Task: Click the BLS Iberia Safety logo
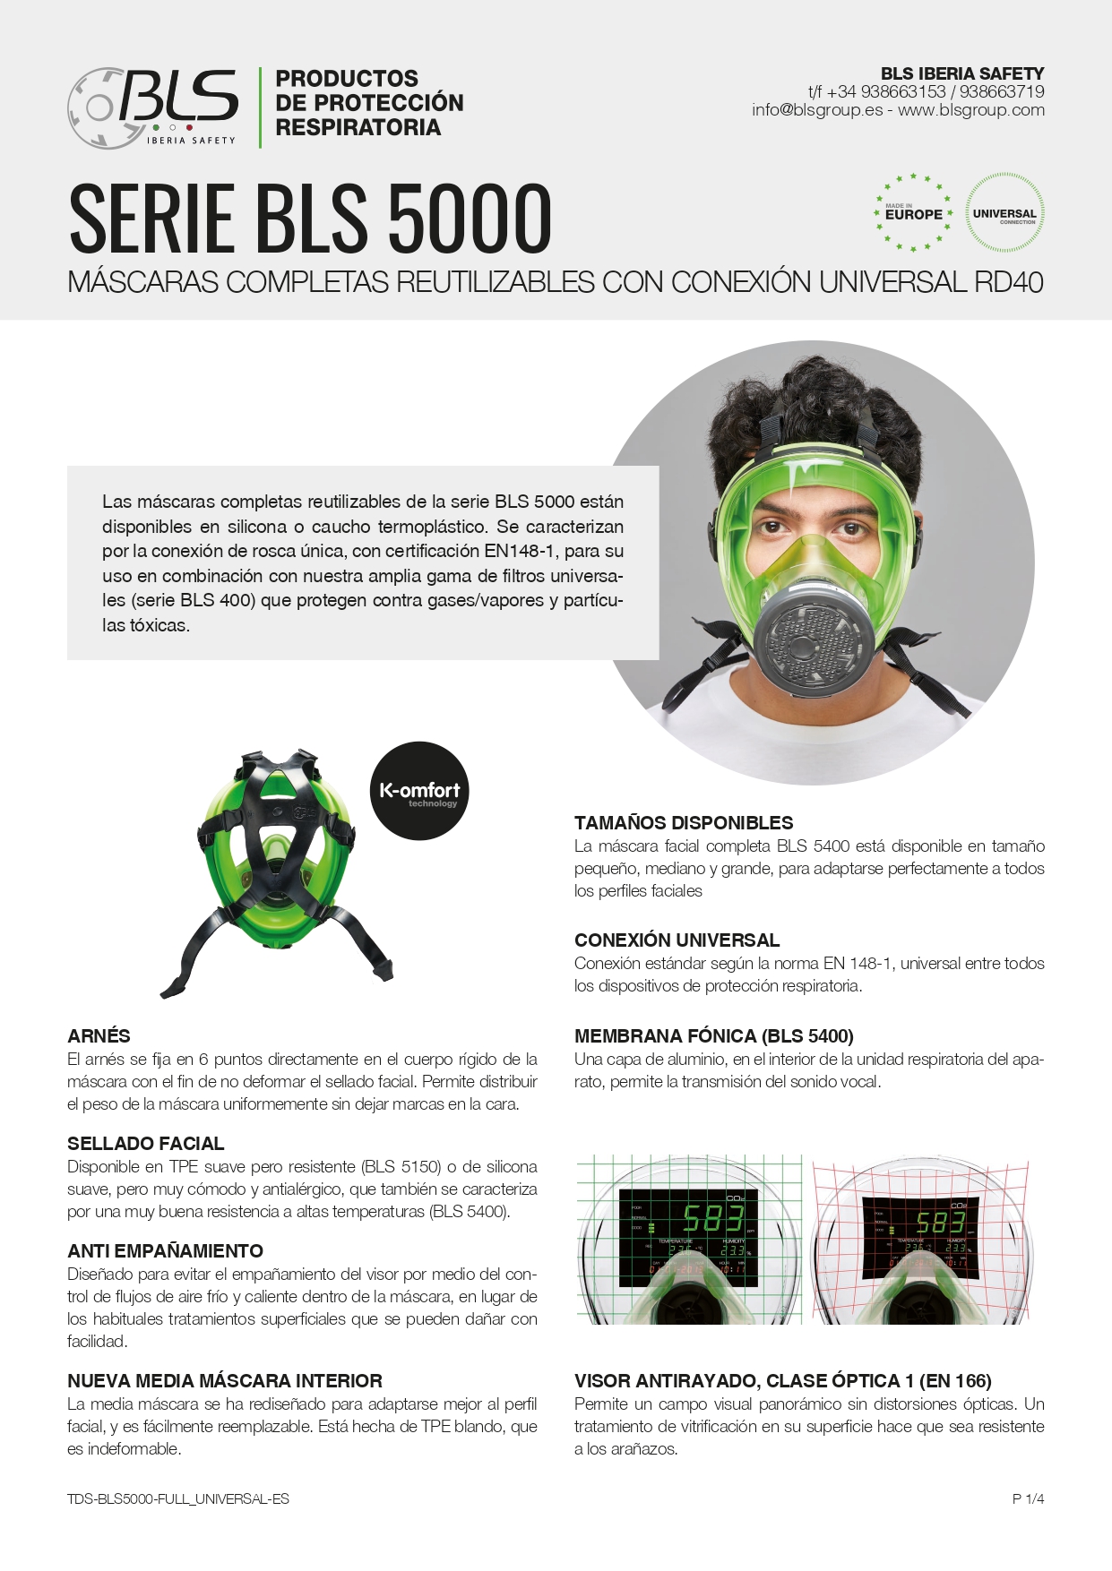point(152,107)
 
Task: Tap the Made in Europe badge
point(913,213)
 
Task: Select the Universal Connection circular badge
point(1004,213)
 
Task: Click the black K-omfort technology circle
point(419,791)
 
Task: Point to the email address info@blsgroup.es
point(817,110)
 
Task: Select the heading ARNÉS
point(99,1036)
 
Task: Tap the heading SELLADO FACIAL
point(146,1144)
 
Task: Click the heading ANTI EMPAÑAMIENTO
point(165,1251)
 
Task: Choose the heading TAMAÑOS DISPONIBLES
point(684,823)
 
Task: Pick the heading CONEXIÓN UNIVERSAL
point(677,940)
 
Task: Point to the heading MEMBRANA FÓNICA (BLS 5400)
point(713,1036)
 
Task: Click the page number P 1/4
point(1028,1498)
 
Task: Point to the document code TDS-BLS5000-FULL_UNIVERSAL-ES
point(178,1498)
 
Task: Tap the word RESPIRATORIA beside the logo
point(358,128)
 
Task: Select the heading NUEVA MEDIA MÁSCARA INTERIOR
point(225,1381)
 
